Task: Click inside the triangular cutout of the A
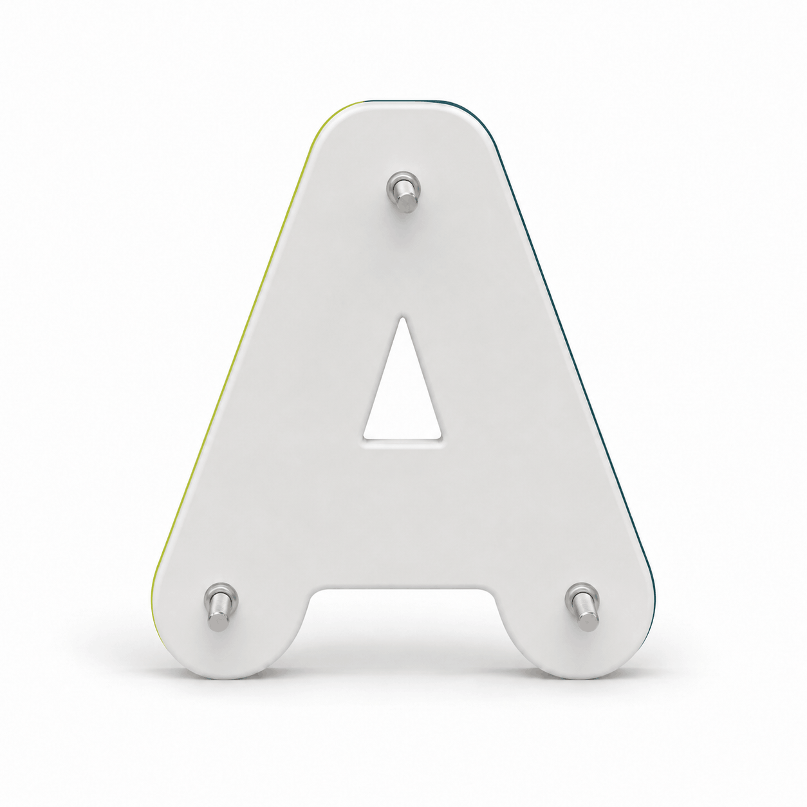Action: (402, 402)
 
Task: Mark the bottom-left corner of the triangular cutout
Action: (364, 438)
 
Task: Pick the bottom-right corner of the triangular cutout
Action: (441, 438)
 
